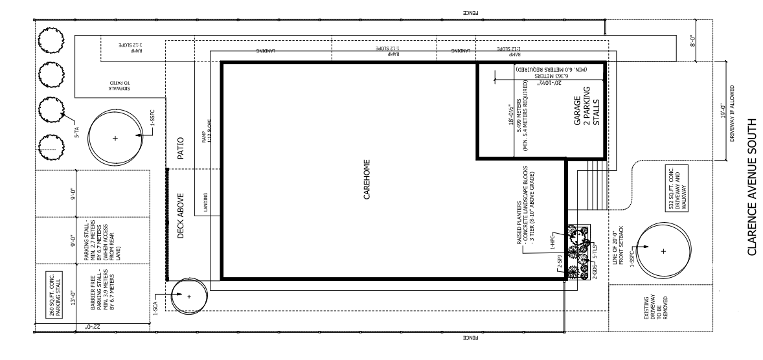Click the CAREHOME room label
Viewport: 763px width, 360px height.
tap(366, 180)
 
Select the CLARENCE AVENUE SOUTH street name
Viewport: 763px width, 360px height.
tap(751, 186)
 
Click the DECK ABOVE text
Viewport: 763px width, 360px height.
tap(182, 215)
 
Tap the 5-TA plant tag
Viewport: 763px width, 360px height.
tap(76, 133)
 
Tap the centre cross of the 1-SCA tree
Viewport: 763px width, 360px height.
tap(189, 297)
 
